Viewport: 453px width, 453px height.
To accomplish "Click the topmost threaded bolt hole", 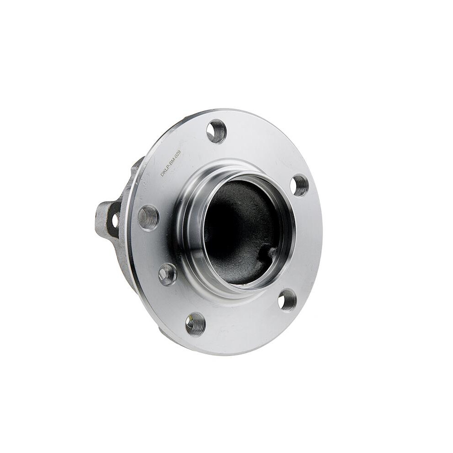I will pyautogui.click(x=216, y=131).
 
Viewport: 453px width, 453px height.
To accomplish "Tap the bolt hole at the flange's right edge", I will pyautogui.click(x=299, y=185).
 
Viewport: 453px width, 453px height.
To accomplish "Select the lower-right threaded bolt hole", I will pyautogui.click(x=287, y=300).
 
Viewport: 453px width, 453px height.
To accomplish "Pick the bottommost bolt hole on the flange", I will pyautogui.click(x=195, y=324).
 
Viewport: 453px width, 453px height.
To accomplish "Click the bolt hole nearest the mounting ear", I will pyautogui.click(x=148, y=217).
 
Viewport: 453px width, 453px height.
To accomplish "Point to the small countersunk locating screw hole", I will pyautogui.click(x=167, y=274).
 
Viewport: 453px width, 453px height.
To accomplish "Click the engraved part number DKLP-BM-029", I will pyautogui.click(x=171, y=163).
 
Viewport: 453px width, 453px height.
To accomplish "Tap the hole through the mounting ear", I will pyautogui.click(x=115, y=220).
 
